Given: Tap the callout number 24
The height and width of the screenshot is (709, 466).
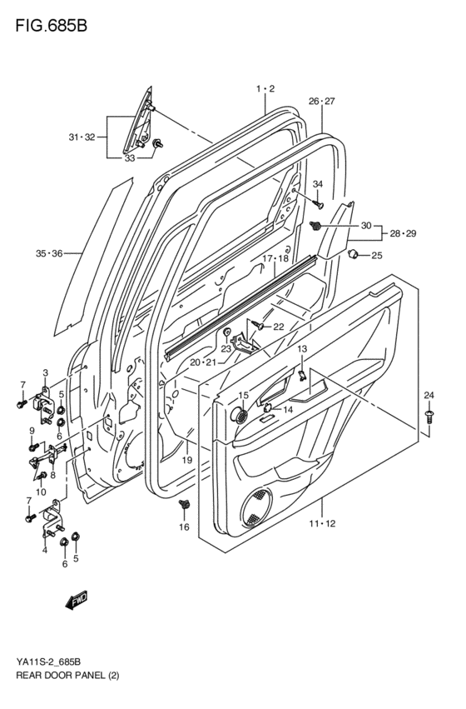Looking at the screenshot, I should click(x=429, y=394).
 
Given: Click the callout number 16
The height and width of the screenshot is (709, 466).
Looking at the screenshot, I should click(x=184, y=527).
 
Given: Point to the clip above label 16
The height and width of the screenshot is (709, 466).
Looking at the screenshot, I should click(x=185, y=505).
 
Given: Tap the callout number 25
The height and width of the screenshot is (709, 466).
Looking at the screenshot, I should click(x=376, y=255).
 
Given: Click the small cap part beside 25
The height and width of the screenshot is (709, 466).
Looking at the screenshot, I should click(x=353, y=253).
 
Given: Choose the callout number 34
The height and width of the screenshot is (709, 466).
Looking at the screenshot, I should click(x=317, y=184).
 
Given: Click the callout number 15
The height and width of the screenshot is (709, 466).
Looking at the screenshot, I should click(x=243, y=395).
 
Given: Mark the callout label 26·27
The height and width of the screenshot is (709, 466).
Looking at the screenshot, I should click(x=321, y=101).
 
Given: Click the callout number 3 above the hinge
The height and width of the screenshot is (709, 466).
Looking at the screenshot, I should click(x=46, y=372).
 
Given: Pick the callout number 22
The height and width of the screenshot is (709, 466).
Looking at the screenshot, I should click(x=279, y=326).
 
